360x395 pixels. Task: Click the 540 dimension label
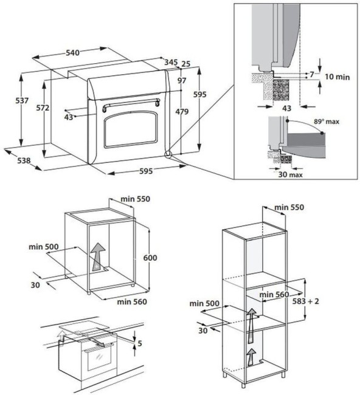(x=72, y=53)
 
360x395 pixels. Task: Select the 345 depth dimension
(x=171, y=62)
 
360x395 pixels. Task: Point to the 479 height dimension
(x=181, y=111)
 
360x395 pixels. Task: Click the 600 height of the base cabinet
(x=150, y=258)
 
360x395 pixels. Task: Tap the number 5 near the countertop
(x=140, y=343)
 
